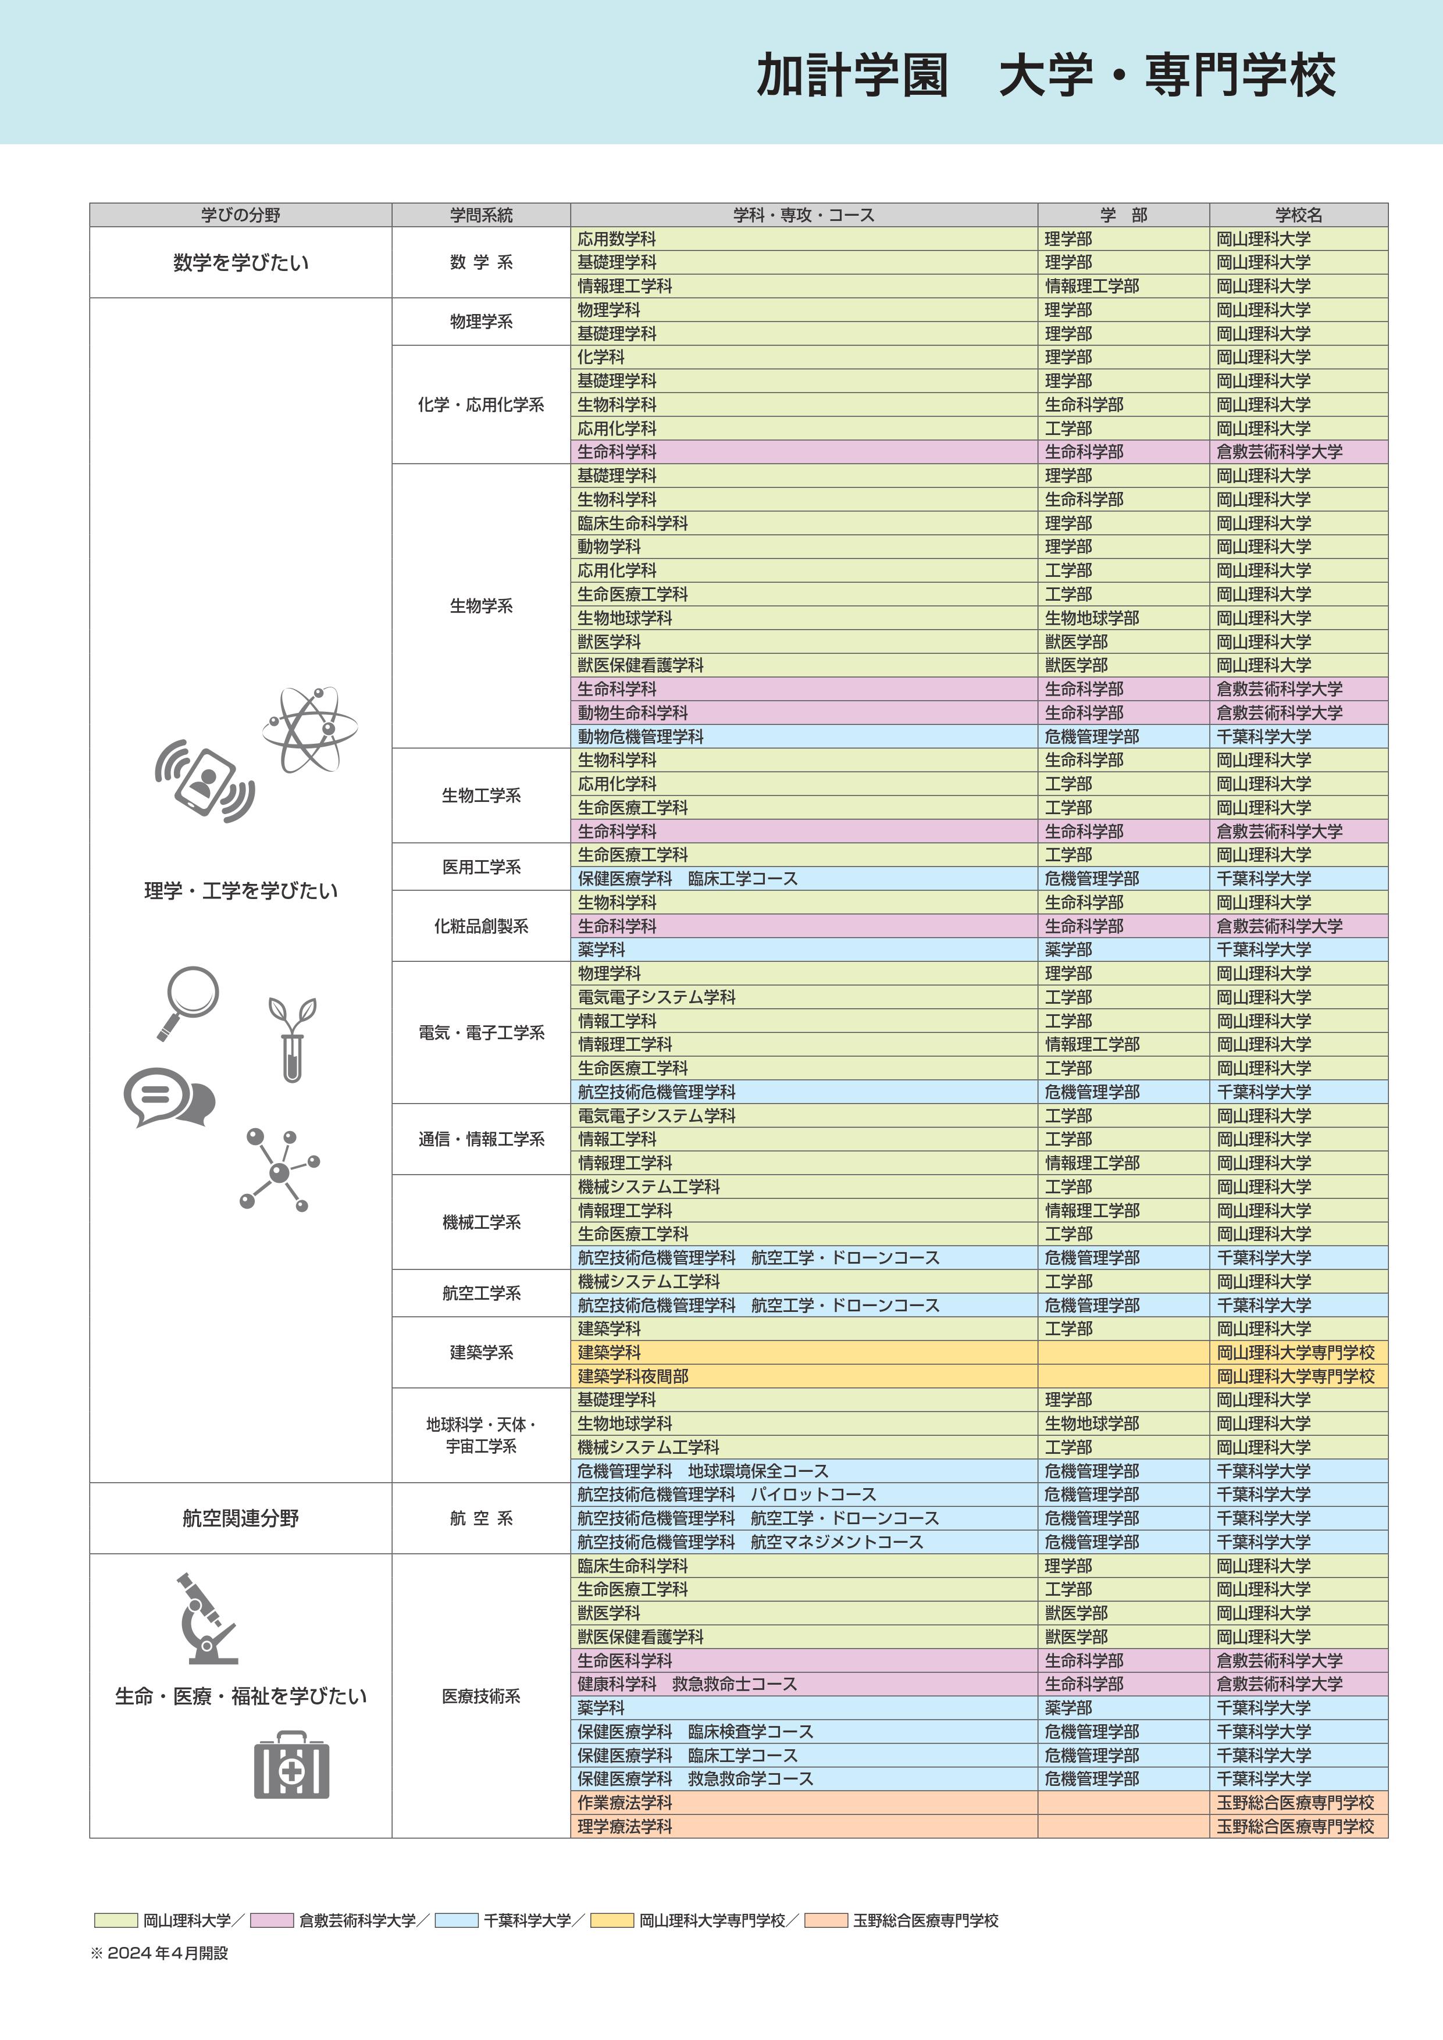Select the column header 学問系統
click(480, 215)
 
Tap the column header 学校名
click(1298, 215)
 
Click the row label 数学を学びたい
click(241, 263)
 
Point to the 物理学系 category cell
click(480, 322)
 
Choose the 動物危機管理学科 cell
click(640, 737)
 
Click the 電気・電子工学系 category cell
click(480, 1032)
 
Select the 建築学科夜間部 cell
click(633, 1376)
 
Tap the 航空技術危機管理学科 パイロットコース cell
click(726, 1495)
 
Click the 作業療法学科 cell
click(625, 1803)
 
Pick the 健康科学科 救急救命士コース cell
click(687, 1684)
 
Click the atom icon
click(309, 729)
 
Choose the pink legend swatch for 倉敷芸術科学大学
click(271, 1921)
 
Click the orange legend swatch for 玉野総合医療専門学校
click(825, 1921)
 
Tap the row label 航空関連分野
click(241, 1518)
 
